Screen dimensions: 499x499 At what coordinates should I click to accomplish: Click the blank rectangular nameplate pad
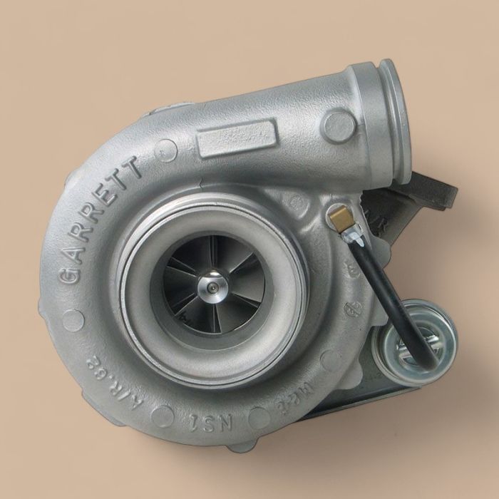pyautogui.click(x=237, y=138)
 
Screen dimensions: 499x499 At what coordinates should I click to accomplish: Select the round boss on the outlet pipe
pyautogui.click(x=337, y=125)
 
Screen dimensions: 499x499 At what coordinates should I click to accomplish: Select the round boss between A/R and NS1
pyautogui.click(x=163, y=415)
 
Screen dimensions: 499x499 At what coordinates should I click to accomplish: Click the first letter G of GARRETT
pyautogui.click(x=73, y=274)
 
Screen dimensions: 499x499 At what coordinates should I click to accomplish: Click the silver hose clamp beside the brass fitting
pyautogui.click(x=349, y=232)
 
